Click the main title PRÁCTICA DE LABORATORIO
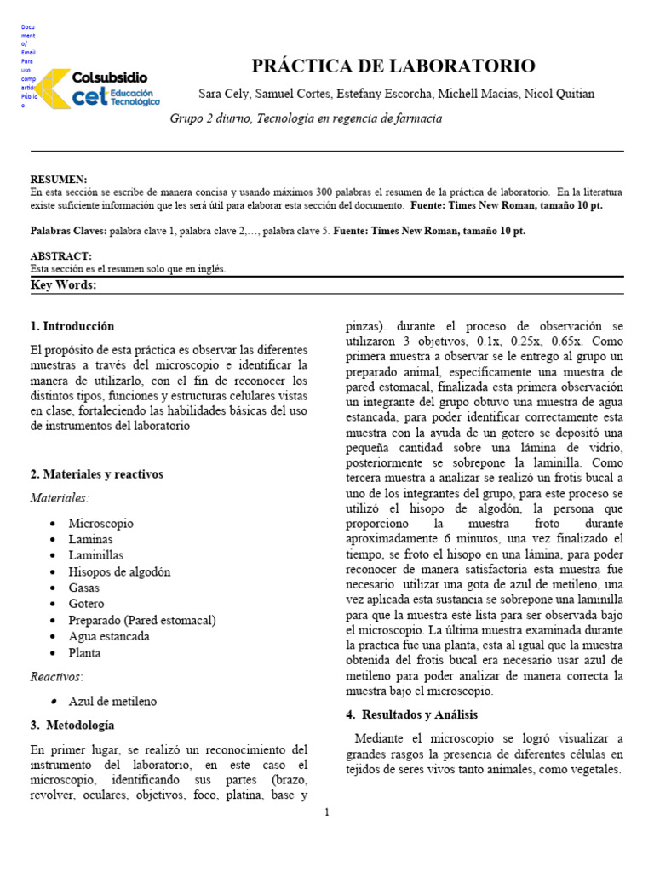[393, 66]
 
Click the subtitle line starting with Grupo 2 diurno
[307, 118]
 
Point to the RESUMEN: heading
[58, 180]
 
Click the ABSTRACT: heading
[60, 256]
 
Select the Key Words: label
[63, 285]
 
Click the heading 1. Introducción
[72, 326]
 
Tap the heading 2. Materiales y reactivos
[96, 474]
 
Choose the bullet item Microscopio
[100, 524]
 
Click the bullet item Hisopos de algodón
[119, 572]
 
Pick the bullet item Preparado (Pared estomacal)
[142, 621]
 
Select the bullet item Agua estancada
[109, 637]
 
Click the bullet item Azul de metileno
[112, 702]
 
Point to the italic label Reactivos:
[57, 677]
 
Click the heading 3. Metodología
[72, 726]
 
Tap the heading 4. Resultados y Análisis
[412, 714]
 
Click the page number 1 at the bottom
[327, 812]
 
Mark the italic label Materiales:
[60, 498]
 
